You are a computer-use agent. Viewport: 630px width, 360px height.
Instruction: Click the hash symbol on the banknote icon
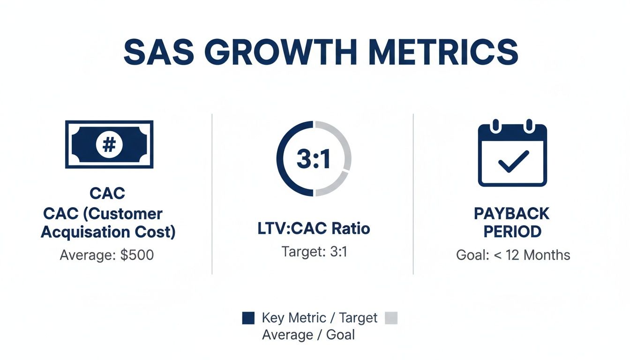click(109, 144)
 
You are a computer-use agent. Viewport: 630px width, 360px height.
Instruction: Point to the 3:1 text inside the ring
click(314, 159)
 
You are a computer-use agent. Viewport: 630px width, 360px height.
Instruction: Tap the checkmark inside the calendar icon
click(513, 162)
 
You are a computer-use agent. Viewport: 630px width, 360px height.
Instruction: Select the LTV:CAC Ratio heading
click(314, 229)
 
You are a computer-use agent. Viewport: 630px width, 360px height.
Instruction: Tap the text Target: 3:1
click(314, 252)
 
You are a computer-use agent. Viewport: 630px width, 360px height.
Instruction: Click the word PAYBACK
click(511, 214)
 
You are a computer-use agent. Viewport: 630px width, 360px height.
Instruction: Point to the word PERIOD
click(512, 232)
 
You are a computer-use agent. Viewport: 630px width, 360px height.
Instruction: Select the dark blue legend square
click(248, 318)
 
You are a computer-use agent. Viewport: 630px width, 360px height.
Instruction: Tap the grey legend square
click(390, 318)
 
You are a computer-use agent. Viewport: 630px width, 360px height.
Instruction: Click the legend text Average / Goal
click(308, 335)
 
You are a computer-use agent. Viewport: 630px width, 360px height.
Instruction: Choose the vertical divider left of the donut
click(212, 193)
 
